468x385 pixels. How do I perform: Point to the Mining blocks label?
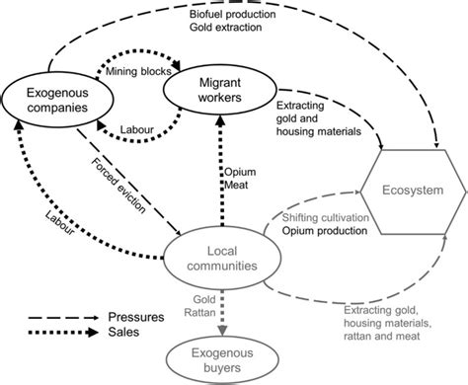[135, 72]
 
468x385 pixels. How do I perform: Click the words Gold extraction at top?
[230, 29]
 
